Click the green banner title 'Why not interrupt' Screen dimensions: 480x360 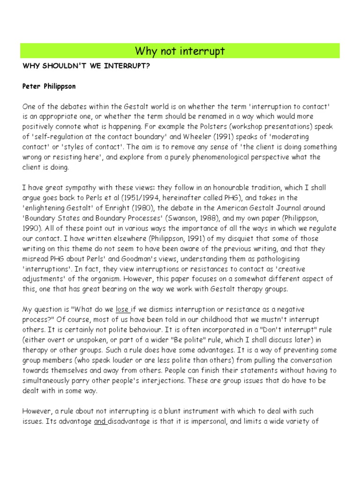point(180,51)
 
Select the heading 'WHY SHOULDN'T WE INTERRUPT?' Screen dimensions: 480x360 point(86,66)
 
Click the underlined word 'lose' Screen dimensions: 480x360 point(122,309)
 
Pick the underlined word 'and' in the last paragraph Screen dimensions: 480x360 point(100,421)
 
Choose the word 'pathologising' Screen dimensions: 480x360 point(275,258)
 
